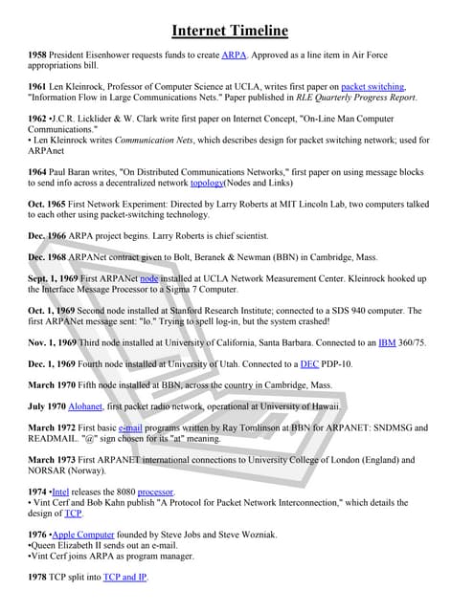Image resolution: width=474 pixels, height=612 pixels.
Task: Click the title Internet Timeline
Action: [237, 31]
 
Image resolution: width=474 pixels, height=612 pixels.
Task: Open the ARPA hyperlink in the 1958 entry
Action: [234, 56]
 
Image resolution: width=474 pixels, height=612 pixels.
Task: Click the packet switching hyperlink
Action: [372, 87]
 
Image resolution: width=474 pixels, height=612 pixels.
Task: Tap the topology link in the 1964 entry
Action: [207, 183]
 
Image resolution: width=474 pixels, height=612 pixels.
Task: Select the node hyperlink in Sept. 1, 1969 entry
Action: [149, 278]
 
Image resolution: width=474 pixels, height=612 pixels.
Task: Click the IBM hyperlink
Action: [387, 341]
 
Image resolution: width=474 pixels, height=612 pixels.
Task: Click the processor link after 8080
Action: [155, 492]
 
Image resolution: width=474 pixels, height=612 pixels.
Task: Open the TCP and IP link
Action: [125, 578]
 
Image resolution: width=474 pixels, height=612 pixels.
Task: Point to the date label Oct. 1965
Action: [48, 204]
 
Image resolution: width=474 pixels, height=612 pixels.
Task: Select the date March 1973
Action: [54, 460]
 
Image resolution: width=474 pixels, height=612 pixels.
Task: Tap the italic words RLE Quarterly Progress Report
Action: [355, 98]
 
